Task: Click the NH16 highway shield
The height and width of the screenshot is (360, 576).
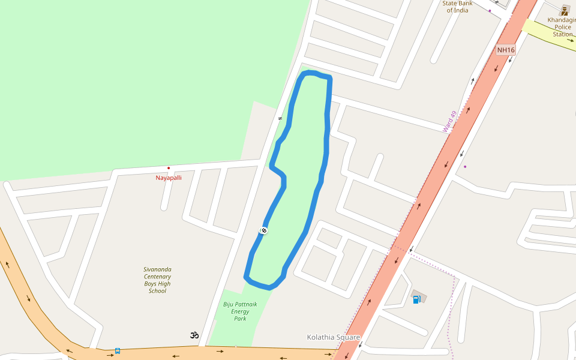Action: click(506, 50)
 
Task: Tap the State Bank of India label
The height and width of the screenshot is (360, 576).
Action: click(457, 7)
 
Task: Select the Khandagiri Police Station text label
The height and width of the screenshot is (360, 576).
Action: click(562, 27)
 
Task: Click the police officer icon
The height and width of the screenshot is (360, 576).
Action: click(565, 10)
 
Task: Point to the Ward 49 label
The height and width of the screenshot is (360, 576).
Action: click(449, 121)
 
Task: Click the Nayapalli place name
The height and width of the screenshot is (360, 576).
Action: click(169, 178)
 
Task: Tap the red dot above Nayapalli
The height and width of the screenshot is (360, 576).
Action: click(169, 168)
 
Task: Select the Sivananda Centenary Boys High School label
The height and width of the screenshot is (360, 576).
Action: click(157, 280)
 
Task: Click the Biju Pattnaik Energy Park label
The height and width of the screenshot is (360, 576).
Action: click(240, 311)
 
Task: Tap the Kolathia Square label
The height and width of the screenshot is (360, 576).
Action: click(333, 337)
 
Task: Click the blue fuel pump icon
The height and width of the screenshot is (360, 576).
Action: click(416, 299)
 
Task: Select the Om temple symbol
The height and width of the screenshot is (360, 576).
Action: click(194, 335)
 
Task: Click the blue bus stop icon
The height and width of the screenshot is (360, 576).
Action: click(118, 350)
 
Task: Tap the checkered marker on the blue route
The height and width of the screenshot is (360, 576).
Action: click(263, 230)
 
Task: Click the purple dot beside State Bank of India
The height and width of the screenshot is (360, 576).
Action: click(490, 11)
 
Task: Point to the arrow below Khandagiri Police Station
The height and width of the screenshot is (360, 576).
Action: click(569, 41)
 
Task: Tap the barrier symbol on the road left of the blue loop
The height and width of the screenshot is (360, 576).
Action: click(280, 118)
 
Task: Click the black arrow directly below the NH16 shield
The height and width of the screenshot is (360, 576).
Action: click(511, 59)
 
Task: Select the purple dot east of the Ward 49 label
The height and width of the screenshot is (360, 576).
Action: click(465, 166)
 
